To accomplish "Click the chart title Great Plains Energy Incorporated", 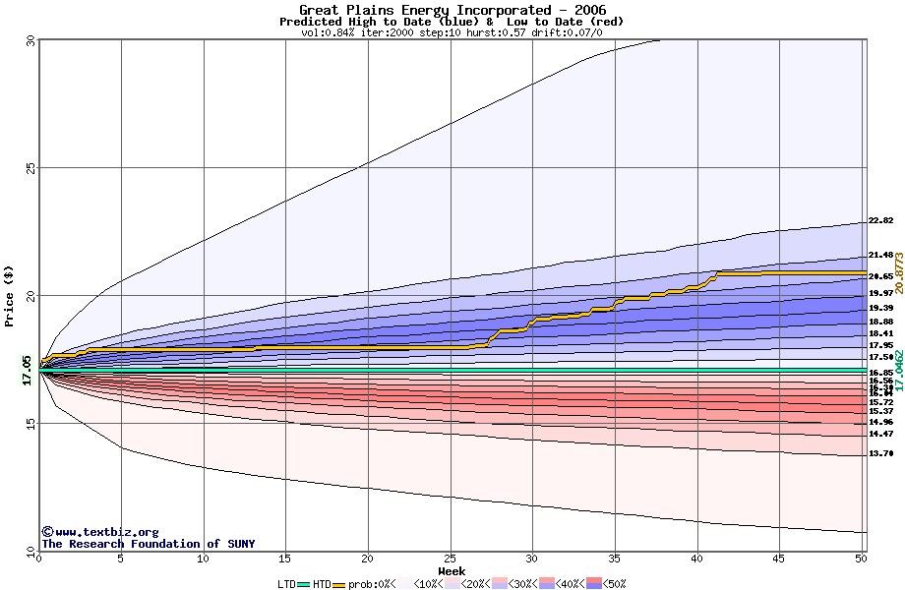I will point(452,10).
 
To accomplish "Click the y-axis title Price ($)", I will point(9,295).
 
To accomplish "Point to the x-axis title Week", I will point(452,571).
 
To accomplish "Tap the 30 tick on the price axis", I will point(30,42).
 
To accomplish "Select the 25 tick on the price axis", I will point(30,168).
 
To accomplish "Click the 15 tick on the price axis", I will point(30,423).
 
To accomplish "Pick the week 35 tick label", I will point(614,560).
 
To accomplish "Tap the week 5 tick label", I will point(121,560).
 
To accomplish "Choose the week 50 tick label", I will point(861,560).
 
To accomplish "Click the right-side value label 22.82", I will point(880,221).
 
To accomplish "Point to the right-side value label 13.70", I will point(880,453).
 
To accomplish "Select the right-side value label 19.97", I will point(880,293).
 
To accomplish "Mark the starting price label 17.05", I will point(27,371).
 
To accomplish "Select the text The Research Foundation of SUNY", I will point(148,544).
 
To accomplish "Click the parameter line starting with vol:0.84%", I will point(452,32).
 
